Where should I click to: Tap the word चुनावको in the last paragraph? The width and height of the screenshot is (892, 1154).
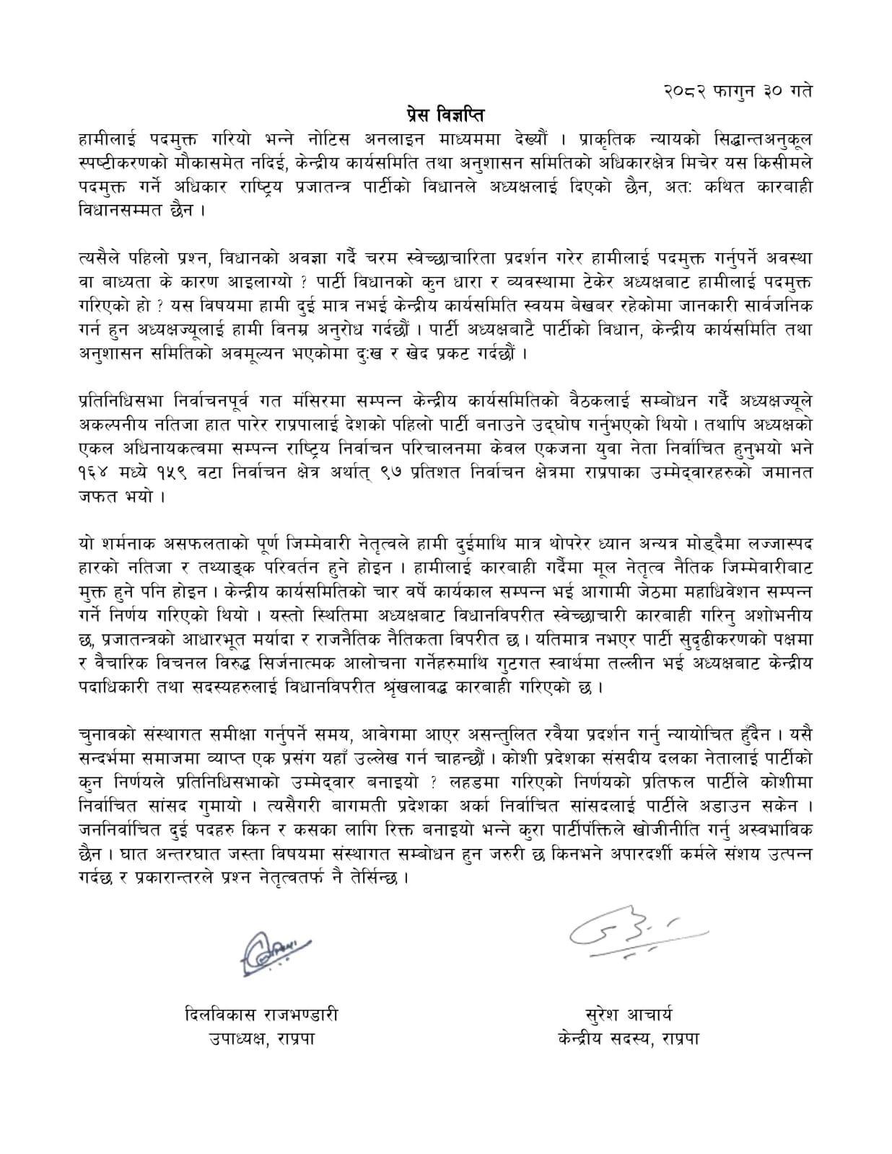109,734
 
